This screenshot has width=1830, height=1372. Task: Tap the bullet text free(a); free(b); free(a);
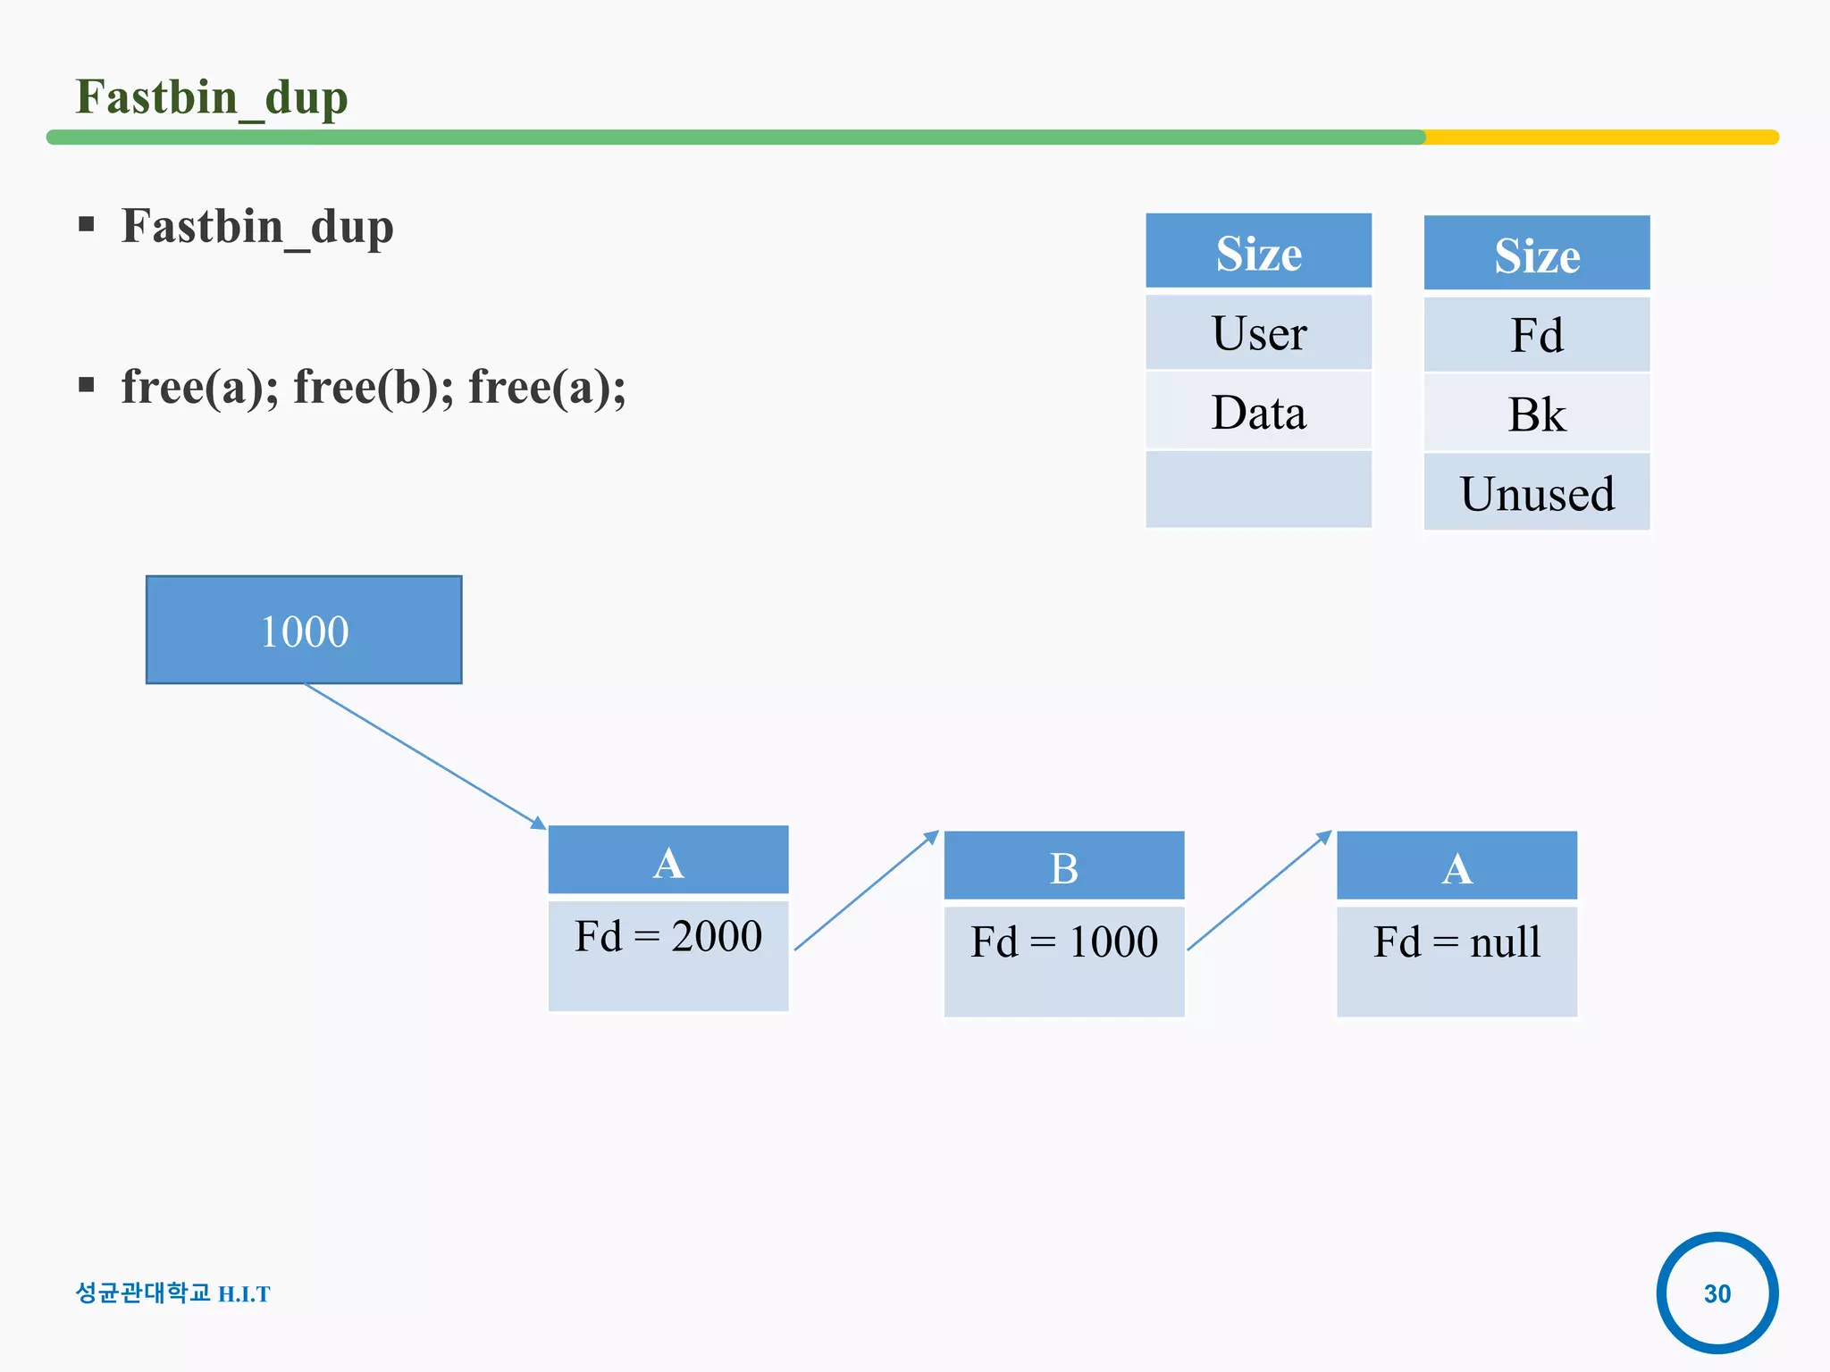tap(374, 388)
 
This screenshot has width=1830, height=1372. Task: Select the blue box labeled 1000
tap(304, 631)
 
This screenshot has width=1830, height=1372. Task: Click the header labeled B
tap(1064, 866)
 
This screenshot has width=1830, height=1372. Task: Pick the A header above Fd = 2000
tap(668, 861)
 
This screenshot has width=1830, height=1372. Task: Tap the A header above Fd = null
tap(1456, 866)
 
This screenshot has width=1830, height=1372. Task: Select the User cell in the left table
tap(1258, 333)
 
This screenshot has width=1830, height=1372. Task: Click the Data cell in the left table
tap(1258, 412)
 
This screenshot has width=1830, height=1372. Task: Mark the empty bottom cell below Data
tap(1258, 489)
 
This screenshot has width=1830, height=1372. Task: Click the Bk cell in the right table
tap(1537, 414)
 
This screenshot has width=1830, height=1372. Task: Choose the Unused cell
tap(1537, 493)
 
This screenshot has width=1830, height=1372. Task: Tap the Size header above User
tap(1258, 253)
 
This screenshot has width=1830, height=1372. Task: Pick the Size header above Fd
tap(1537, 255)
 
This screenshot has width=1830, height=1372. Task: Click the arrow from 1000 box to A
tap(424, 756)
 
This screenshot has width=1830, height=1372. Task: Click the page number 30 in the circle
tap(1717, 1293)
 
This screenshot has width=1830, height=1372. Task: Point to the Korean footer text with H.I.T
tap(172, 1293)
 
